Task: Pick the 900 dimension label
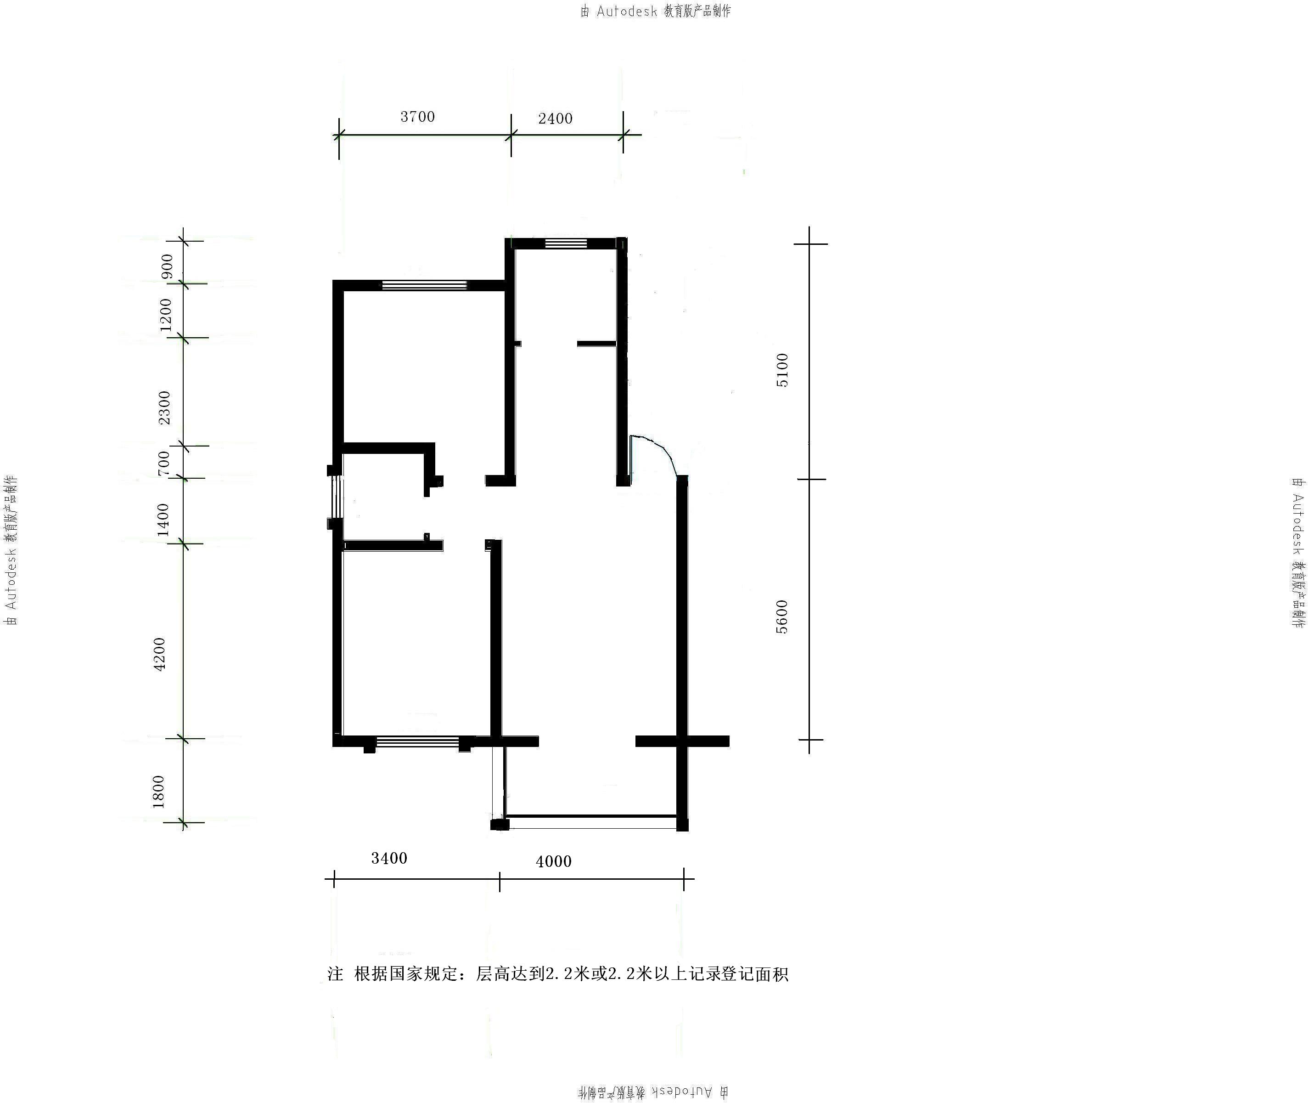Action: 167,266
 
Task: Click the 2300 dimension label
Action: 164,407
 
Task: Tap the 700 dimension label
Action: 164,464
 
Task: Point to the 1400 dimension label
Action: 163,520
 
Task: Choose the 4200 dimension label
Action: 160,655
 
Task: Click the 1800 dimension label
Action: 159,792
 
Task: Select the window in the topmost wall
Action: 566,243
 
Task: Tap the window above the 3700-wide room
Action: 424,285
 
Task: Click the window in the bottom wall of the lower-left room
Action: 417,742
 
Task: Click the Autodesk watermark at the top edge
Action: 656,11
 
